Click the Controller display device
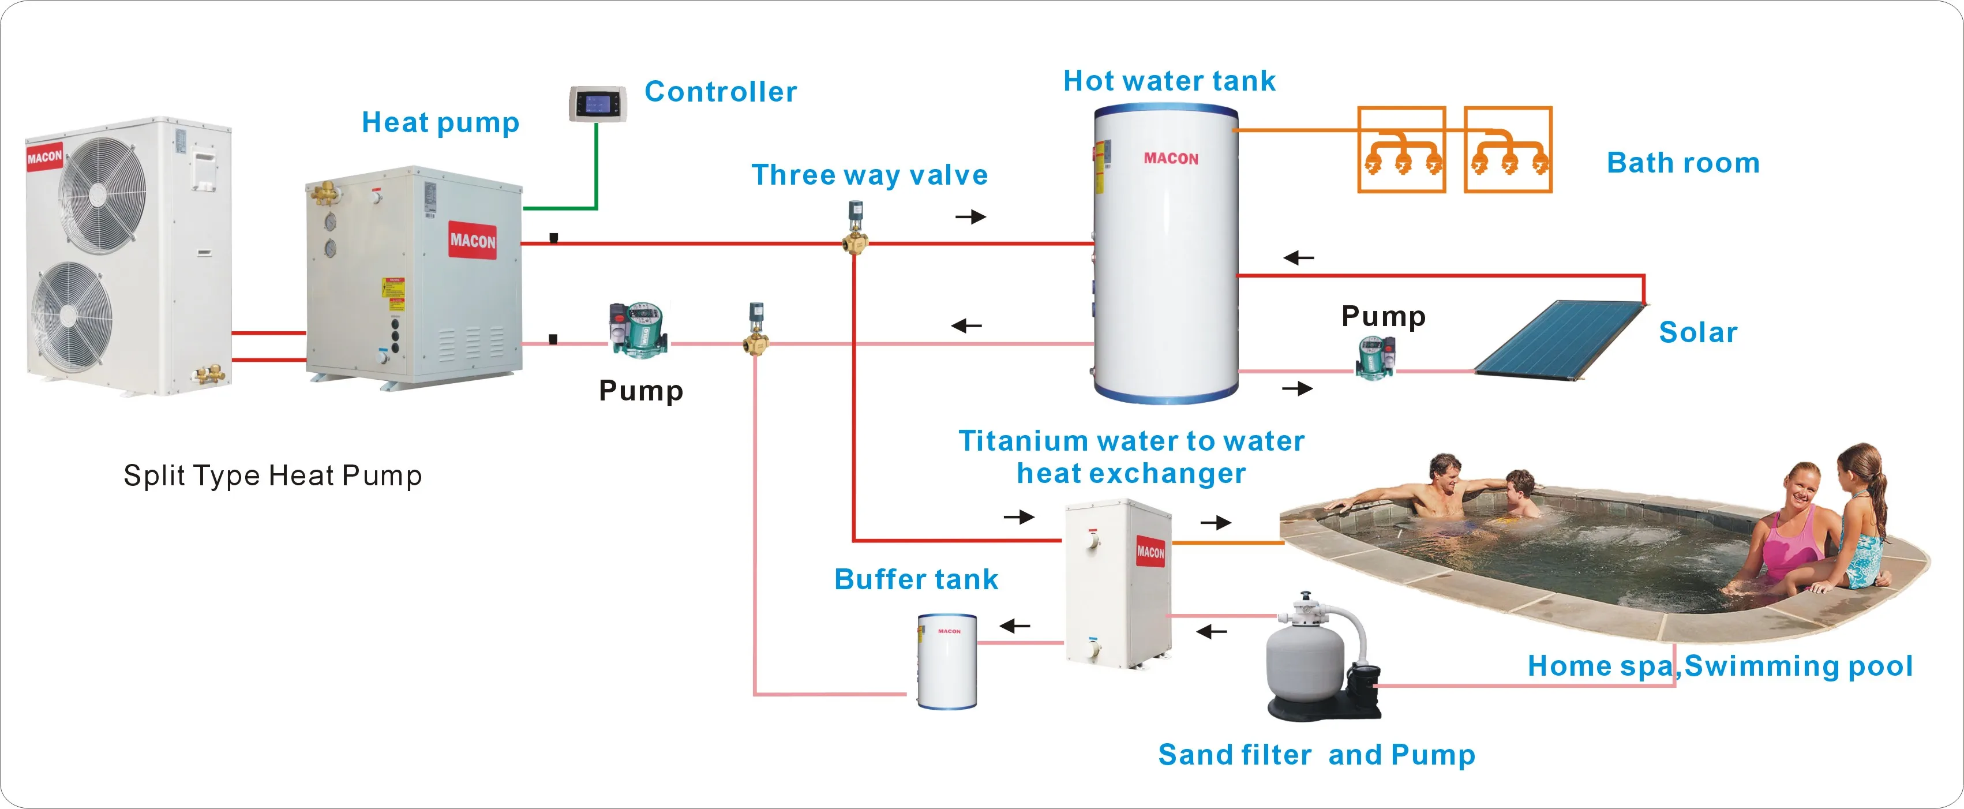[598, 104]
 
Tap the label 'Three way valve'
[869, 175]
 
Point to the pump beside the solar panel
[1375, 358]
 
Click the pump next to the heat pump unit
[639, 329]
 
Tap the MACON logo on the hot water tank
[1170, 159]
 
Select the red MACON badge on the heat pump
[472, 241]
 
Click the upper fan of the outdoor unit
[102, 193]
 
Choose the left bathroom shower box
[1401, 149]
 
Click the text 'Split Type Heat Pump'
[272, 476]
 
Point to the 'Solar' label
[1698, 332]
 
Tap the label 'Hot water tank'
[1169, 81]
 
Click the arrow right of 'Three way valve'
[970, 218]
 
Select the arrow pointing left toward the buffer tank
[1015, 627]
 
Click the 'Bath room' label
[1682, 163]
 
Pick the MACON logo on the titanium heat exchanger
[1150, 551]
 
